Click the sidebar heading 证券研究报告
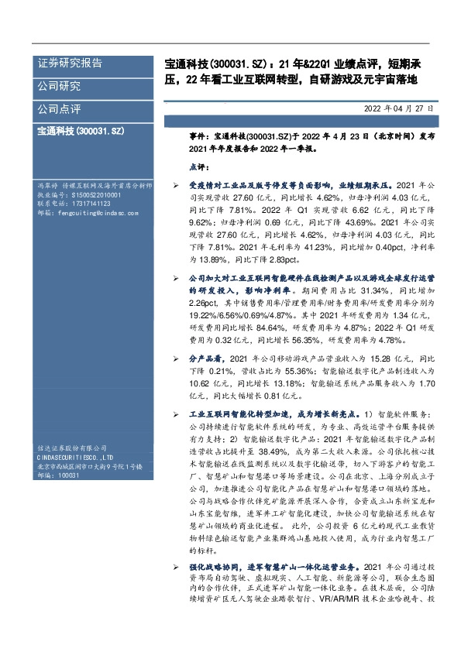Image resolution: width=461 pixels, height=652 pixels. click(71, 63)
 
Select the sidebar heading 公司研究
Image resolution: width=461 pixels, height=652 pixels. click(60, 86)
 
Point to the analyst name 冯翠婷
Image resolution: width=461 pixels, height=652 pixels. click(48, 187)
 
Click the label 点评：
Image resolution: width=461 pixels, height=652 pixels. click(200, 166)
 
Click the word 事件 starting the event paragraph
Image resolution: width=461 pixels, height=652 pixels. click(199, 135)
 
